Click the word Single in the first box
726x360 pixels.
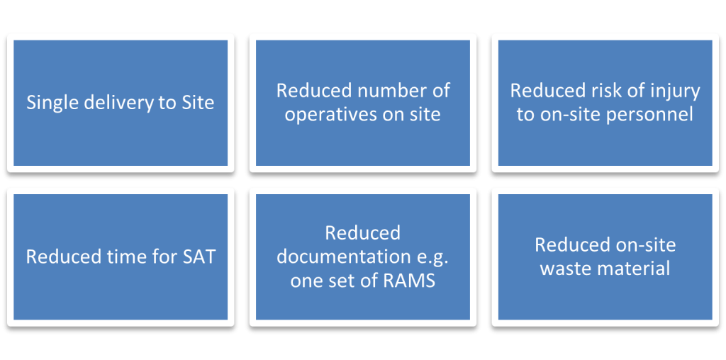(x=50, y=103)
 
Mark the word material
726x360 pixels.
(x=634, y=268)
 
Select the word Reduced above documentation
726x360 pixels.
(x=362, y=233)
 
